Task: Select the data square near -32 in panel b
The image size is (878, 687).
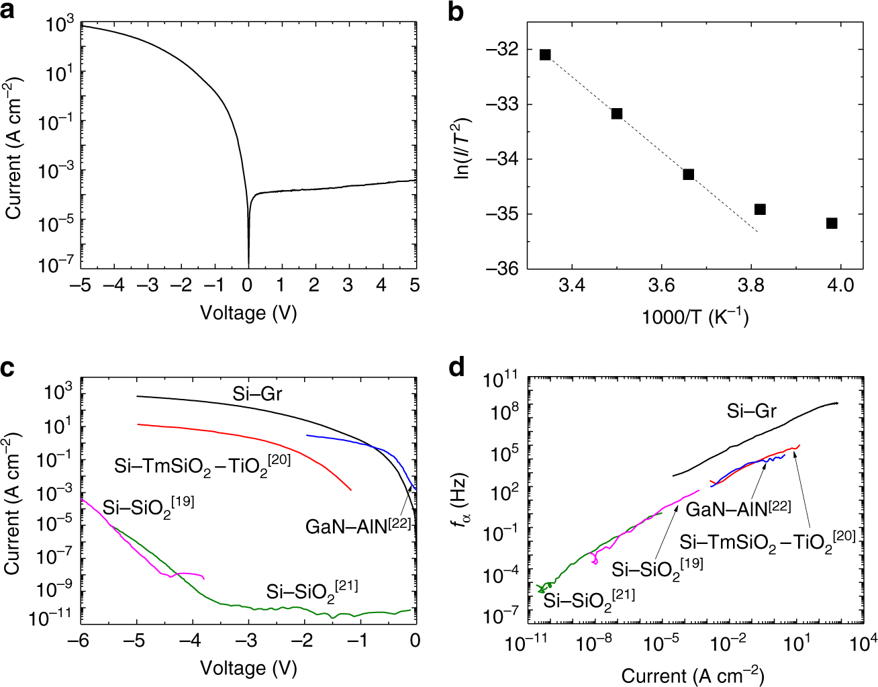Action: [x=545, y=54]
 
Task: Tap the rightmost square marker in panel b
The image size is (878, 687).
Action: [x=832, y=223]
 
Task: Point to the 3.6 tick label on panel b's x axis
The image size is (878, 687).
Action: [x=661, y=285]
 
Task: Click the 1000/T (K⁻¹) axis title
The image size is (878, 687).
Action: [x=695, y=316]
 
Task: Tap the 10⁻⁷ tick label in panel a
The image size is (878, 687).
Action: [x=56, y=265]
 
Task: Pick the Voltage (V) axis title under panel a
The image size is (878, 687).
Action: [x=248, y=312]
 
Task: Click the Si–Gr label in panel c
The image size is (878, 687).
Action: [x=257, y=394]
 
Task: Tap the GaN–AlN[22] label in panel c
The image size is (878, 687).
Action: [x=358, y=525]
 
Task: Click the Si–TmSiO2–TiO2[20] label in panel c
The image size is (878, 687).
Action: [x=202, y=464]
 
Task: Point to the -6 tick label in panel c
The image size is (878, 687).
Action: [x=79, y=640]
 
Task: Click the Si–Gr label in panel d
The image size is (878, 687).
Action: [x=751, y=411]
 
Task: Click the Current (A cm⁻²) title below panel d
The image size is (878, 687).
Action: [x=692, y=675]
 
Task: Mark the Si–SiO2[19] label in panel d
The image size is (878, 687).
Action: [x=656, y=568]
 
